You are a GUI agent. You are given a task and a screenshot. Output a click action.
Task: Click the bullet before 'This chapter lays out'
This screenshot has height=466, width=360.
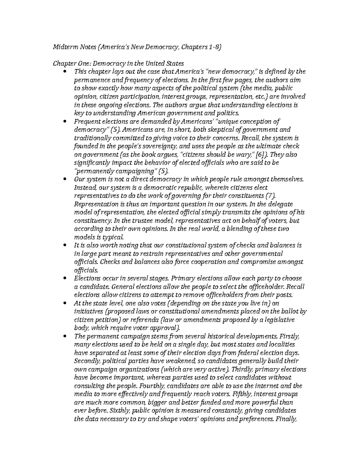point(65,72)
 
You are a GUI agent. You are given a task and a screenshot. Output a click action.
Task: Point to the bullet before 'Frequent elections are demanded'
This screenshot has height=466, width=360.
point(65,122)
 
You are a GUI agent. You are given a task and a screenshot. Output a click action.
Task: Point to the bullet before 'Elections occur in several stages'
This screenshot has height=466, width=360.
point(65,278)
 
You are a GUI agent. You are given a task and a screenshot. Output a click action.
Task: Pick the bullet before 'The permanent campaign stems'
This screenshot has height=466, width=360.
point(65,336)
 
